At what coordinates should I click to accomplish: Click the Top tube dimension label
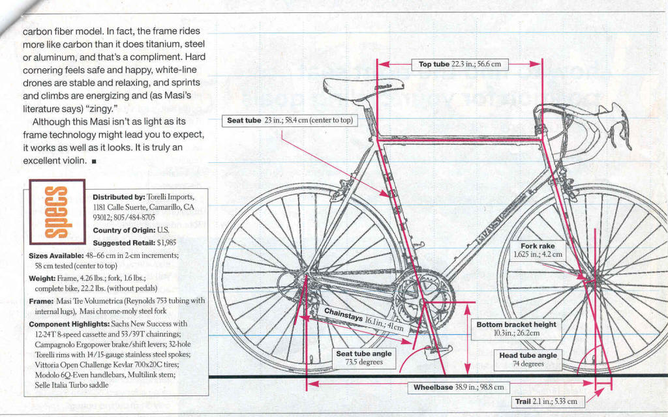(459, 64)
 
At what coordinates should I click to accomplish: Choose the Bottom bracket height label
(516, 328)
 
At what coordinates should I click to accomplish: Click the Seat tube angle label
(363, 358)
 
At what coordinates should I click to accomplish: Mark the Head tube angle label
(528, 360)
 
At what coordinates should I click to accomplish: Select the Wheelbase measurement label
(459, 387)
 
